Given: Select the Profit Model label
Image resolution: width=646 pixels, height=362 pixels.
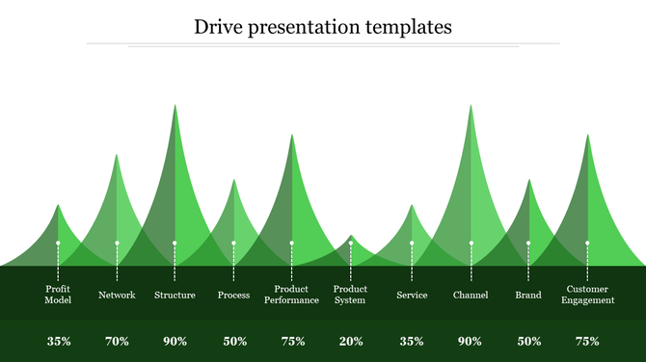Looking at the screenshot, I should [x=58, y=294].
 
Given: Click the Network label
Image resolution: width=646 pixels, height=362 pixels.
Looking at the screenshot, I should [x=117, y=295].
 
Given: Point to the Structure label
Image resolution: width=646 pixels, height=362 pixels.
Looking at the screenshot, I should [x=175, y=295].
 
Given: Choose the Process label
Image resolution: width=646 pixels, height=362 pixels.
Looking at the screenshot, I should [x=233, y=295].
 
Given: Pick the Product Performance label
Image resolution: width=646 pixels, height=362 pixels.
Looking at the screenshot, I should [x=291, y=294].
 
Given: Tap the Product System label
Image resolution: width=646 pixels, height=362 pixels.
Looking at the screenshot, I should [x=350, y=294].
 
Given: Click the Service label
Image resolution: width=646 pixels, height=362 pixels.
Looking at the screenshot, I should [x=412, y=295].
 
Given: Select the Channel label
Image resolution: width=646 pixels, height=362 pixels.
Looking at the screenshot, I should [x=471, y=295].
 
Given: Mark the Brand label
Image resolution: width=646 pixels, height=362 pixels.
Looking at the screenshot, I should [x=528, y=295].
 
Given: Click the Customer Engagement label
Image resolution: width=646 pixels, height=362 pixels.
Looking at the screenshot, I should [x=587, y=294].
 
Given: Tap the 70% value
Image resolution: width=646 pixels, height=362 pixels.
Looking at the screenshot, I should [x=117, y=341].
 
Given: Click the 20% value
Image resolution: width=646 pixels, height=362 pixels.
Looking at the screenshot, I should [x=350, y=341].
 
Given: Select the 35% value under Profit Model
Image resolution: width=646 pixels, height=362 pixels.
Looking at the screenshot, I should [x=58, y=341].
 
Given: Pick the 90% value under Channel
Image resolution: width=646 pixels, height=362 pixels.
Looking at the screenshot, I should [x=471, y=341].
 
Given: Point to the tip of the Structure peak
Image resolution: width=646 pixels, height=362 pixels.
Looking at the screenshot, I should [x=175, y=105].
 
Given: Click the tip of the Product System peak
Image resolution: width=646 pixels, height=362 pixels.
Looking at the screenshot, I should [x=351, y=235].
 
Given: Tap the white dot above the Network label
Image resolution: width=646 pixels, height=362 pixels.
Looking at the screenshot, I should [x=117, y=243].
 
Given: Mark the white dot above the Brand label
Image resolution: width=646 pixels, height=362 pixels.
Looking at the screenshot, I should [x=528, y=243].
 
